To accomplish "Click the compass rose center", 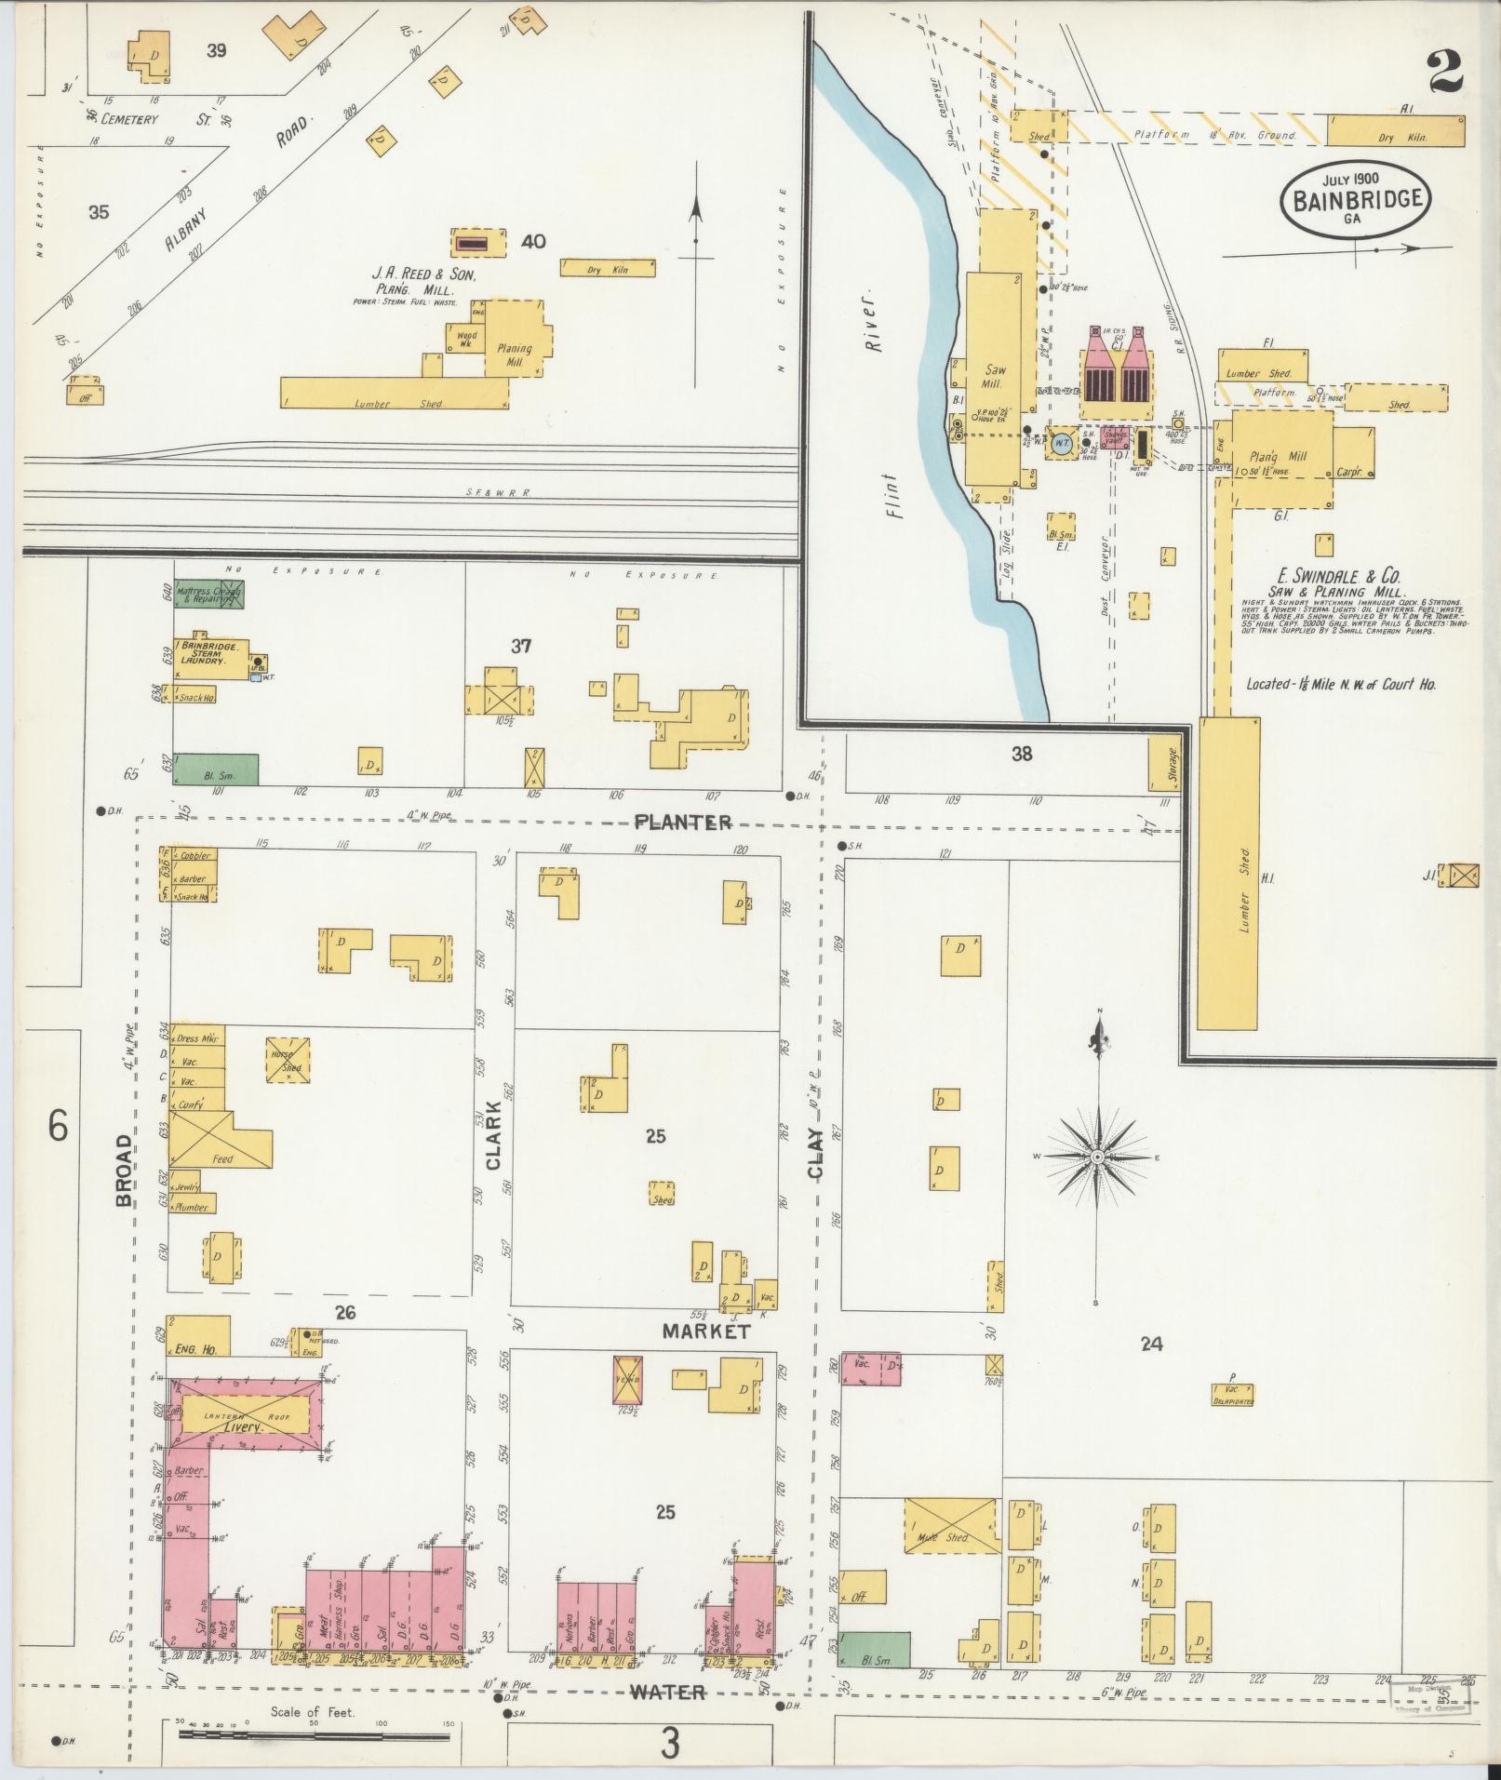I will click(x=1097, y=1157).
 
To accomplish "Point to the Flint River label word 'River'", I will click(x=872, y=333).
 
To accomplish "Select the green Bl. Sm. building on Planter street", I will click(x=216, y=769).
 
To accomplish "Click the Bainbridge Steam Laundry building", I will click(x=210, y=652).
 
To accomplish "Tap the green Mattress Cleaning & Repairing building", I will click(x=209, y=595).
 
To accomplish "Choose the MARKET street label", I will click(x=704, y=1332).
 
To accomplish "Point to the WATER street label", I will click(x=666, y=1692).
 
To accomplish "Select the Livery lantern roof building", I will click(x=244, y=1420).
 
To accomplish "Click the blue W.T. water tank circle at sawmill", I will click(x=1061, y=444).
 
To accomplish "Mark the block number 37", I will click(x=520, y=646).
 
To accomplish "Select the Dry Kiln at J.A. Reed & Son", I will click(x=608, y=268).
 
